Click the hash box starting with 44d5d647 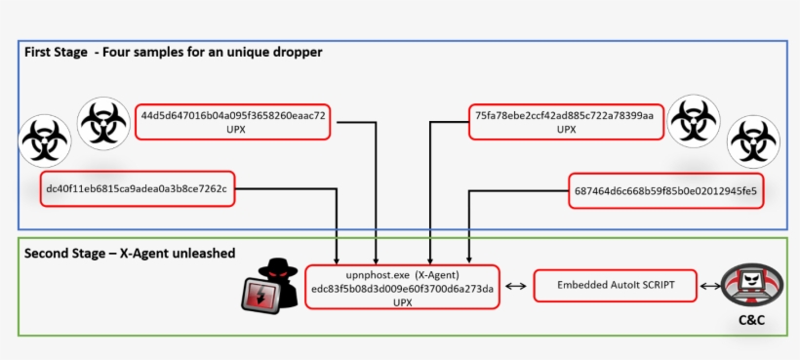pos(233,121)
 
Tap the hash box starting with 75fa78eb pos(565,121)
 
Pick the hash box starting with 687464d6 pos(665,189)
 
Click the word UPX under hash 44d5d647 pos(233,129)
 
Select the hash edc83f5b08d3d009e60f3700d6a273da pos(402,289)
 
